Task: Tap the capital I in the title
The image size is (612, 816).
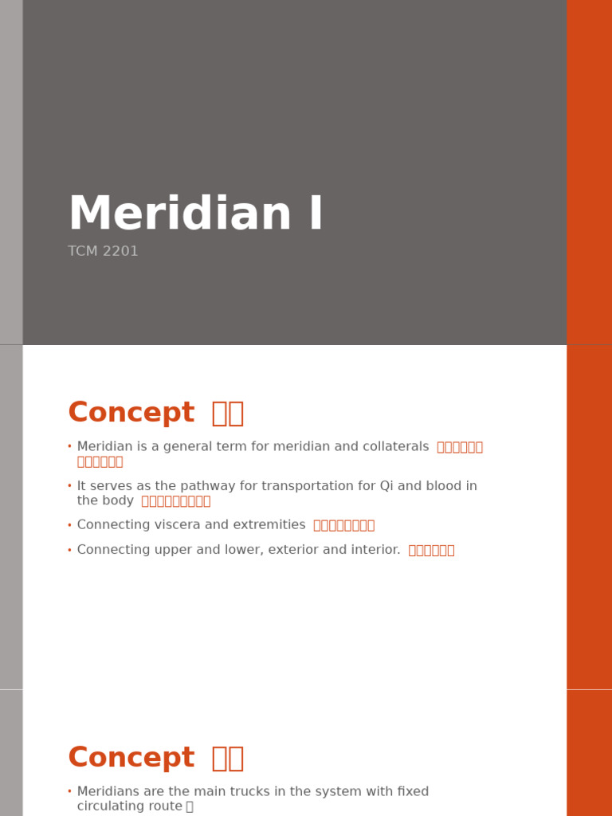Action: (316, 215)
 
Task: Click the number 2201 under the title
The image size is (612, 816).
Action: (120, 252)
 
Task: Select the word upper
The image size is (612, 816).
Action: (163, 550)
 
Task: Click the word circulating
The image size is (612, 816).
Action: (112, 806)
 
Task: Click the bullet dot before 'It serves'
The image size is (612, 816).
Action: (69, 486)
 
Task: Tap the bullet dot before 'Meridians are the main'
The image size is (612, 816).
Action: (69, 792)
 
